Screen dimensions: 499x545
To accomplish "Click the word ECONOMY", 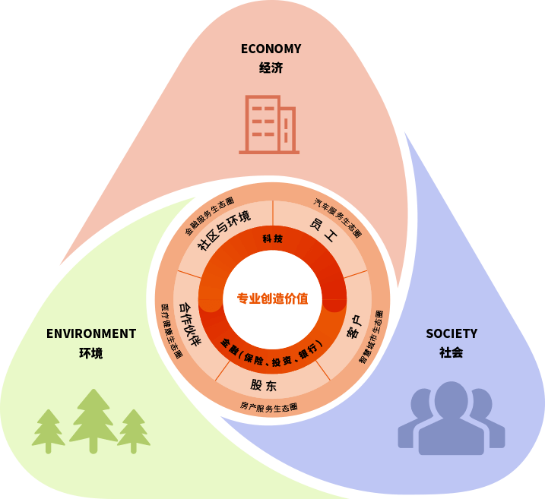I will click(271, 49).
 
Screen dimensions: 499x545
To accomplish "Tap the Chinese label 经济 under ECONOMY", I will click(271, 68).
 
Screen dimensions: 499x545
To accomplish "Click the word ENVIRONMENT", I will click(91, 333).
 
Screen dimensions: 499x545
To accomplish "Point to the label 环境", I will click(90, 353).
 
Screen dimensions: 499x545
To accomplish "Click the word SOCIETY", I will click(452, 333).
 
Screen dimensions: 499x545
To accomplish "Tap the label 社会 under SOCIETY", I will click(452, 353).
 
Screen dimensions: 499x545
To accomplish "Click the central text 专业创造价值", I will click(272, 298).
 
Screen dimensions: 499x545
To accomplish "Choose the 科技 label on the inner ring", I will click(272, 238).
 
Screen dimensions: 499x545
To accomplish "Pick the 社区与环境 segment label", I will click(223, 230).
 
